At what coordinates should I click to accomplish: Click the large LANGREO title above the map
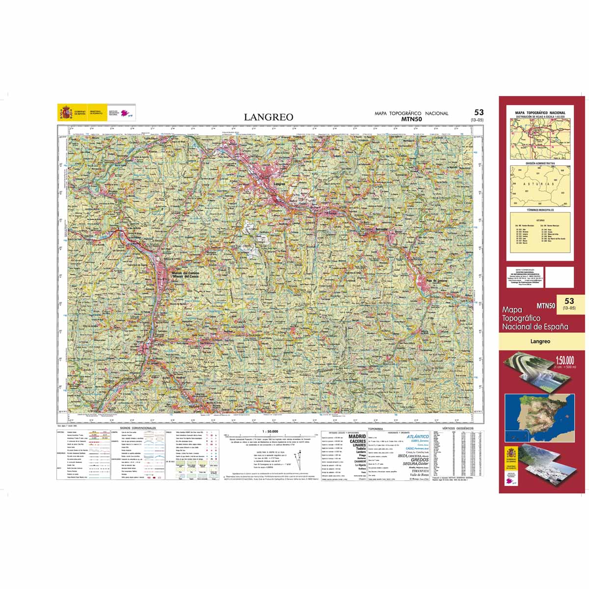click(268, 117)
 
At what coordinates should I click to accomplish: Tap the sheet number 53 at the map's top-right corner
click(479, 112)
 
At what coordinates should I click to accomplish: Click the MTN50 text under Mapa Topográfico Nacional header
click(411, 119)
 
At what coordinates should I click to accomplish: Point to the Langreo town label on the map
click(278, 184)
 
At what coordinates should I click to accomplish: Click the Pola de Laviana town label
click(439, 280)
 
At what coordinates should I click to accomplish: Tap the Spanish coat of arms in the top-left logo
click(65, 112)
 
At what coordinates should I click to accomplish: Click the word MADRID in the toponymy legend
click(357, 436)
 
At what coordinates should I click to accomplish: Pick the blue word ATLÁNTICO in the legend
click(418, 436)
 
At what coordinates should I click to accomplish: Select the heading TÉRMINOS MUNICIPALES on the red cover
click(540, 210)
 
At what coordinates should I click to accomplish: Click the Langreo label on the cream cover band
click(540, 341)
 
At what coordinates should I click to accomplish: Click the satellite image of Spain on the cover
click(540, 416)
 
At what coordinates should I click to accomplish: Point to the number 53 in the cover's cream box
click(569, 301)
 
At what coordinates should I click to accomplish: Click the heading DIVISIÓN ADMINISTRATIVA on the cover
click(540, 163)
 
